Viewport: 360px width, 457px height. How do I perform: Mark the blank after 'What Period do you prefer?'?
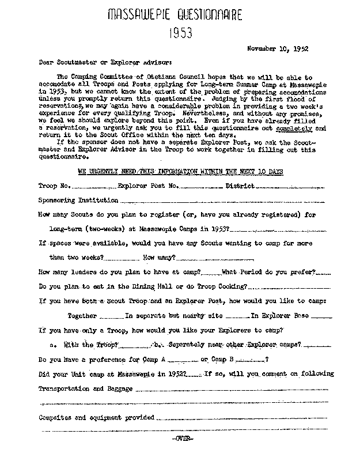click(323, 273)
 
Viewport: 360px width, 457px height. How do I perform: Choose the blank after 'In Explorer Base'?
click(324, 316)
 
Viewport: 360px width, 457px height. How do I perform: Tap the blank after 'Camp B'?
click(249, 360)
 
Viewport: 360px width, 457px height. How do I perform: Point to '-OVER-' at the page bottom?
click(183, 439)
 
